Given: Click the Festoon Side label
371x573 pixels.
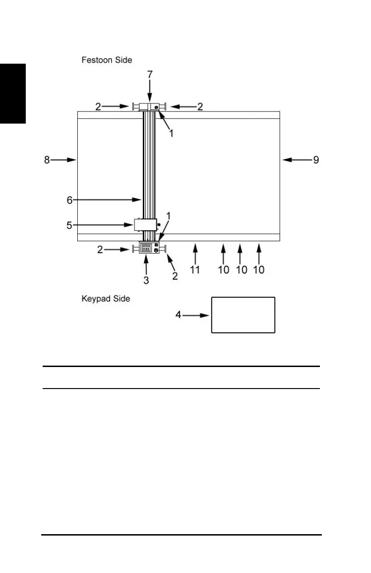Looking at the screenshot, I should [x=106, y=60].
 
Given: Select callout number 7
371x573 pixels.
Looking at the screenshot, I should [x=149, y=74].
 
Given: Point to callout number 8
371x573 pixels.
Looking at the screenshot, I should [x=46, y=160].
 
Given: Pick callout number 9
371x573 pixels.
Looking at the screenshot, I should [x=316, y=160].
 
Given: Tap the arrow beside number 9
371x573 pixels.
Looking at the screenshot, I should [x=295, y=160].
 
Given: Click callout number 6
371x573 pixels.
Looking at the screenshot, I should [x=69, y=200].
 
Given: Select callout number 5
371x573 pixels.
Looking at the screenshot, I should [x=69, y=225].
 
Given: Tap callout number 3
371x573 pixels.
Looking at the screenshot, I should [x=147, y=280].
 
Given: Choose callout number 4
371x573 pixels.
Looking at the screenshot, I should [x=178, y=316].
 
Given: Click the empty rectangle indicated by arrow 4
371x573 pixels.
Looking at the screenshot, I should [x=243, y=315].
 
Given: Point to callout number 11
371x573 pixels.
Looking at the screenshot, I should [x=195, y=270].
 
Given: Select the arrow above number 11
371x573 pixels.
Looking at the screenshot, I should [x=195, y=253].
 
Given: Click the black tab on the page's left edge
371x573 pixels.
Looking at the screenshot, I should [x=13, y=94].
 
